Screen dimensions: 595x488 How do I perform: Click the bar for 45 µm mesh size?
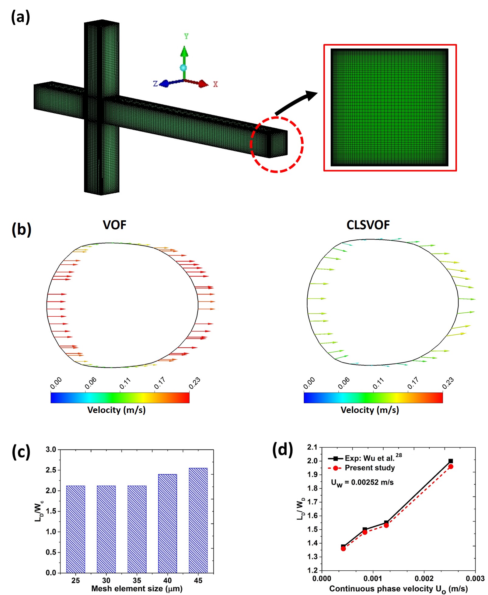click(x=198, y=520)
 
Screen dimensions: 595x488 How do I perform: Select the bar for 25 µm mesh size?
click(x=75, y=529)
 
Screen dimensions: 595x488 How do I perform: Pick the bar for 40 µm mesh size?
click(x=167, y=523)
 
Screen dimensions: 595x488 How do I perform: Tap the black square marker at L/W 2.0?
click(x=451, y=461)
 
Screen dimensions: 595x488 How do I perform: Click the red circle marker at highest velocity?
click(x=451, y=466)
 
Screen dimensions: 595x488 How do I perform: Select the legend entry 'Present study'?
click(x=370, y=468)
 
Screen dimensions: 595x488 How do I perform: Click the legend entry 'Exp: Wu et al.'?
click(x=369, y=458)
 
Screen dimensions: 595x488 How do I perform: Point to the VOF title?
click(x=114, y=225)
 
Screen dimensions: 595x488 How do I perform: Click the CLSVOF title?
click(x=368, y=225)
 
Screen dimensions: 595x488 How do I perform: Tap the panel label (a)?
click(x=20, y=17)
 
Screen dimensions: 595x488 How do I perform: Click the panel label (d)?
click(x=282, y=449)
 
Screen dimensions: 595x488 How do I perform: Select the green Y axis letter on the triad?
click(x=186, y=36)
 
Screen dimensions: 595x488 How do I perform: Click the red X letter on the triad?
click(x=215, y=84)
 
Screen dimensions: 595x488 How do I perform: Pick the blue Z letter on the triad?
click(x=155, y=84)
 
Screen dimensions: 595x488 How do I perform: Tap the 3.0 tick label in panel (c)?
click(x=51, y=449)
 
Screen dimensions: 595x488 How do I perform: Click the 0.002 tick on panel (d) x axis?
click(x=424, y=578)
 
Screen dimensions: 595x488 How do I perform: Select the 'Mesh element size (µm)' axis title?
click(x=137, y=589)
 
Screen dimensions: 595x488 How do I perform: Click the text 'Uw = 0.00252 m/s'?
click(x=362, y=483)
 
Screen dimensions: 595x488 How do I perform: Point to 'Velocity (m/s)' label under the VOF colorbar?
click(x=116, y=410)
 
